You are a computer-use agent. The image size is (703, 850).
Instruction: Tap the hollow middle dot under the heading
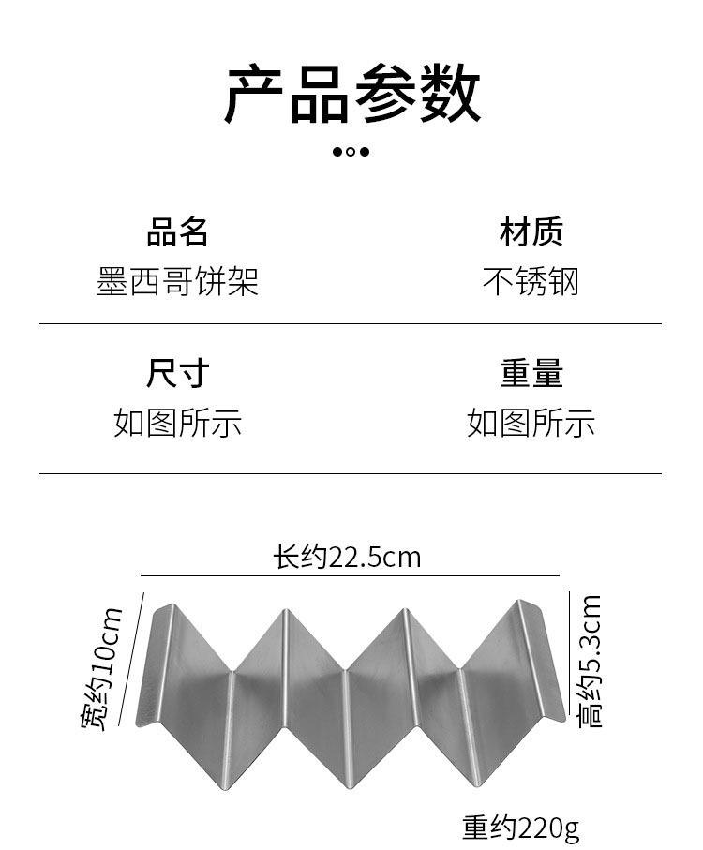tap(351, 152)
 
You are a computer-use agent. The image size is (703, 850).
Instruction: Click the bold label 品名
tap(177, 232)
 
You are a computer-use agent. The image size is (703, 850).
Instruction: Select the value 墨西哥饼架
tap(177, 281)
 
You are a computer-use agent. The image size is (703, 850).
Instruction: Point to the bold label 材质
tap(531, 232)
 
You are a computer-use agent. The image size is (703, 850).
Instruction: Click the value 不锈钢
tap(531, 281)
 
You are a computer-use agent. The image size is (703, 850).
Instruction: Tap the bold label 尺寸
tap(177, 373)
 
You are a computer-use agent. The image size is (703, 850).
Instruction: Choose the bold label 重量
tap(531, 373)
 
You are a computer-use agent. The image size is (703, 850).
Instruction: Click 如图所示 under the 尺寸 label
tap(177, 423)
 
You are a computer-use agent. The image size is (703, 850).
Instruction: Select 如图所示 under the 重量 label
tap(531, 423)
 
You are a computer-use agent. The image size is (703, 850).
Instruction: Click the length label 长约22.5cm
tap(347, 557)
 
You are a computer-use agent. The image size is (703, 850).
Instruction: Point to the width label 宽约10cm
tap(101, 669)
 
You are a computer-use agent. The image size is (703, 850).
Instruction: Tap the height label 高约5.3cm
tap(590, 662)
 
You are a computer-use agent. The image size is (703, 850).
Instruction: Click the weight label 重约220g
tap(521, 828)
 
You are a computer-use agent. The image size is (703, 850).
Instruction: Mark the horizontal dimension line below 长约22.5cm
tap(351, 575)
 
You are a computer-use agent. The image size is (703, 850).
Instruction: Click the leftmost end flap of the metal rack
tap(154, 665)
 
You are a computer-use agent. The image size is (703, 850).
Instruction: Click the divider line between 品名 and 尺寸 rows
tap(351, 323)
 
